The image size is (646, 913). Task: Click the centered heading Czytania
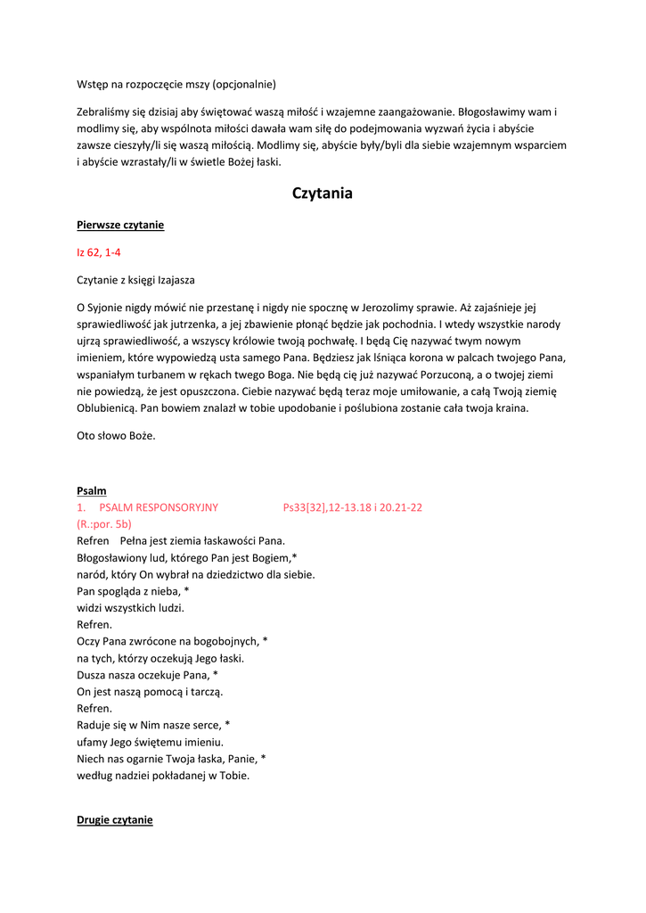pyautogui.click(x=323, y=193)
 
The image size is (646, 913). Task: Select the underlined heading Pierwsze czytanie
pyautogui.click(x=120, y=226)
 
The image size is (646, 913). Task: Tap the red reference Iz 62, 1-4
pyautogui.click(x=99, y=253)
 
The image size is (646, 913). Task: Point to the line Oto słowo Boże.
pyautogui.click(x=116, y=436)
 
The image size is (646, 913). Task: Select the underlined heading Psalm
pyautogui.click(x=92, y=490)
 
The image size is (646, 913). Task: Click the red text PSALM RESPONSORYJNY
pyautogui.click(x=159, y=507)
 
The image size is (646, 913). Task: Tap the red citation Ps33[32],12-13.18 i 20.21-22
pyautogui.click(x=352, y=507)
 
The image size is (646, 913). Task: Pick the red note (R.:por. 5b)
pyautogui.click(x=104, y=524)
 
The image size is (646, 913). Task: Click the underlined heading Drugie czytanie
pyautogui.click(x=115, y=819)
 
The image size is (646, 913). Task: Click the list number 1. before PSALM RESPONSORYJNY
pyautogui.click(x=81, y=507)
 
